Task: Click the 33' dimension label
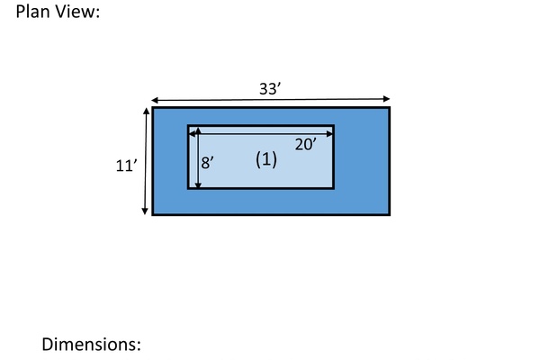click(x=270, y=89)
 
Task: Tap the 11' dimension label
click(x=126, y=166)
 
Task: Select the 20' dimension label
click(x=306, y=144)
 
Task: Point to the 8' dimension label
click(x=207, y=163)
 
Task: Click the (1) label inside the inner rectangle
click(x=266, y=160)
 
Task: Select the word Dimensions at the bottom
click(x=91, y=344)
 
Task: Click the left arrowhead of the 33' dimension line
click(x=155, y=100)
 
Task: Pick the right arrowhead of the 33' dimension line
click(x=386, y=99)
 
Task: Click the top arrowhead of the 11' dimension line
click(x=147, y=111)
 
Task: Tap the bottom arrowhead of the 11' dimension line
click(x=145, y=211)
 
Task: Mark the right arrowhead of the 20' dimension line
click(x=329, y=134)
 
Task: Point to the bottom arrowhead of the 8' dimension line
click(x=198, y=185)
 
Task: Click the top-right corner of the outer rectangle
click(x=390, y=107)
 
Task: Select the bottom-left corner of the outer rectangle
click(x=153, y=214)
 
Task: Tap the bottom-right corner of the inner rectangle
click(x=334, y=188)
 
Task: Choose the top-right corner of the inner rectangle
click(x=334, y=125)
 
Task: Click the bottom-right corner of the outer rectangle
click(x=390, y=214)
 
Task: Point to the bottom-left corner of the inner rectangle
click(x=188, y=188)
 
